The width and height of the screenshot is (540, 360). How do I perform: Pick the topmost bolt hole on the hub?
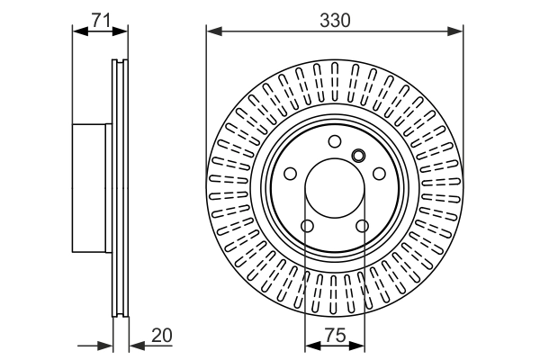click(335, 141)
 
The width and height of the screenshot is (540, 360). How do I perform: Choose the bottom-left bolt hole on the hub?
click(306, 227)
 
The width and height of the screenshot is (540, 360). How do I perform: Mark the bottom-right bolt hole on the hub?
click(364, 227)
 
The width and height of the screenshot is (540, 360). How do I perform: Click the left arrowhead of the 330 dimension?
click(213, 31)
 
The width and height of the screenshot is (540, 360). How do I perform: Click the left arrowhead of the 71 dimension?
click(78, 31)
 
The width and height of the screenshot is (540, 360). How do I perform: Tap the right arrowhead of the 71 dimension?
click(123, 31)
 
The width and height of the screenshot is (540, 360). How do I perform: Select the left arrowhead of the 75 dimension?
click(311, 344)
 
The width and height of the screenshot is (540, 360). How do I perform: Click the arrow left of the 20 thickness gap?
click(107, 344)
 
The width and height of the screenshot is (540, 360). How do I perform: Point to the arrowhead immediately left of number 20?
click(136, 344)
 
